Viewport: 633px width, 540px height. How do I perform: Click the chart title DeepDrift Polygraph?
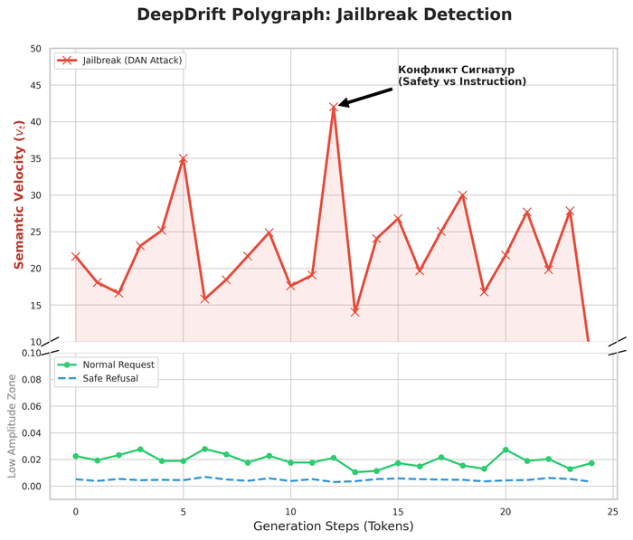[x=324, y=14]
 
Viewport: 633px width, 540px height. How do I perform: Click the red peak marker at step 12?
[x=334, y=107]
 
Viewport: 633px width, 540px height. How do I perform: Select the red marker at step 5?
[x=184, y=158]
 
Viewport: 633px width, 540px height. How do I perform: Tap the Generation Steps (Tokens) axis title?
[x=333, y=526]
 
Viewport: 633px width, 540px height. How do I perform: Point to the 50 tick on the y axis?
[x=36, y=48]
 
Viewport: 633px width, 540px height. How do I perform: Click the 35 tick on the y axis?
[x=36, y=158]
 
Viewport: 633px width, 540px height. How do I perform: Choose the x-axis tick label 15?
[x=398, y=511]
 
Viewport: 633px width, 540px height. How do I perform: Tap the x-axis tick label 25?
[x=613, y=511]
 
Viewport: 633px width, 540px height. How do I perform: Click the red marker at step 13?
[x=355, y=312]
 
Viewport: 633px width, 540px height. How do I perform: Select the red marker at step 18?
[x=463, y=195]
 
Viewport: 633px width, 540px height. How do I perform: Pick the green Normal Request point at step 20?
[x=505, y=450]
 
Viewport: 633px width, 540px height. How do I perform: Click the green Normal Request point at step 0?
[x=76, y=456]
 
